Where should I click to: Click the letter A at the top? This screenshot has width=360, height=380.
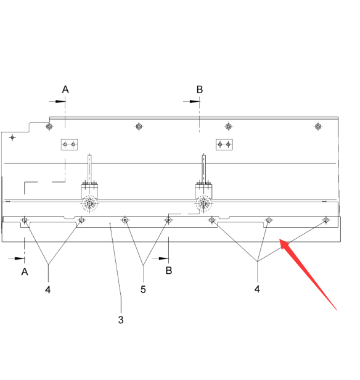coord(65,89)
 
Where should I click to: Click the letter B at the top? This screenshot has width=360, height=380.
coord(200,89)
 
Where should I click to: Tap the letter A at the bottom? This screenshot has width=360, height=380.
coord(25,271)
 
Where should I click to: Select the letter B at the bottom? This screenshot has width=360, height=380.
coord(169,270)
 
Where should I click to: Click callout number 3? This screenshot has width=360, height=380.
coord(121,320)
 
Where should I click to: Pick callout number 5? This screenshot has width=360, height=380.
coord(143,289)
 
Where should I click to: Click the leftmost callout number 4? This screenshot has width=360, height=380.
coord(48,289)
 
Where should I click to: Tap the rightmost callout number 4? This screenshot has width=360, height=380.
coord(257,289)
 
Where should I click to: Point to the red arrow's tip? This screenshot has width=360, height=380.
coord(280,239)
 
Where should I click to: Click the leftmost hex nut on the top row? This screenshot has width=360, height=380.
coord(49,126)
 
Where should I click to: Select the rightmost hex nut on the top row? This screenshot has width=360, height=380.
coord(318,126)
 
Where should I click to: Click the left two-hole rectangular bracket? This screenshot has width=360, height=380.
coord(69,144)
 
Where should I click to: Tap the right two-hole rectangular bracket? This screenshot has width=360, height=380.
coord(224,144)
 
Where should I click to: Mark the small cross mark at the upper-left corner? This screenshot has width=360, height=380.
coord(12,138)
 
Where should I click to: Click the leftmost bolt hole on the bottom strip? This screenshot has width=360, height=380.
coord(24,220)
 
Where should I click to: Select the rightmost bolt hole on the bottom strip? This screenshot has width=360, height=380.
coord(326,220)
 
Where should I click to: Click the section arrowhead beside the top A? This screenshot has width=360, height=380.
coord(60,101)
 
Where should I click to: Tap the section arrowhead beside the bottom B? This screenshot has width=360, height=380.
coord(163,258)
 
